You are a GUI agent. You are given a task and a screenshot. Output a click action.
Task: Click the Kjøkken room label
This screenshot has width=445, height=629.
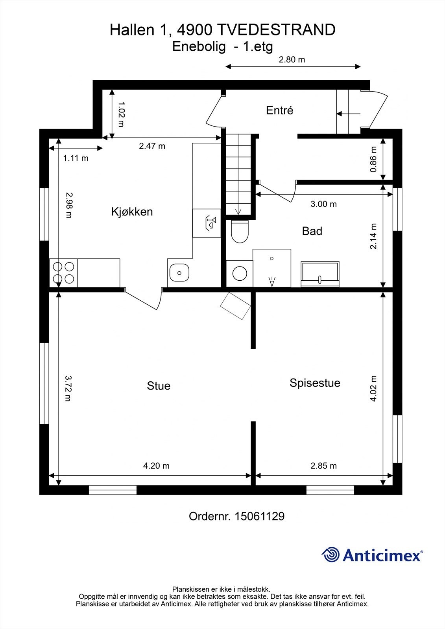pos(132,212)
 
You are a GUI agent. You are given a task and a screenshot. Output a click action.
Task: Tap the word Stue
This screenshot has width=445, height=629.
pos(159,386)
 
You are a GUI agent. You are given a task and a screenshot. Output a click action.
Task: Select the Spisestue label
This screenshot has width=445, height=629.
pos(315,383)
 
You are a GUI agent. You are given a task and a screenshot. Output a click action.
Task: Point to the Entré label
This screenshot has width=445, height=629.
pos(279,110)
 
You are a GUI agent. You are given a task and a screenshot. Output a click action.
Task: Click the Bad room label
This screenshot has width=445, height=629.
pos(312,231)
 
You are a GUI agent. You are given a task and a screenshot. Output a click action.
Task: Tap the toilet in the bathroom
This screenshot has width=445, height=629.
pos(240,232)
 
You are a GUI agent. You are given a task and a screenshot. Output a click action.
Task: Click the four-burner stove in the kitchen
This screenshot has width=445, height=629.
pos(63,273)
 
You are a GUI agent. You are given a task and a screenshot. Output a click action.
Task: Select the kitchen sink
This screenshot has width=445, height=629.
pos(179,273)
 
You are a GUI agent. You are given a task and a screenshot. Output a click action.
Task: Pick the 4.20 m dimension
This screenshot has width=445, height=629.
pos(156,466)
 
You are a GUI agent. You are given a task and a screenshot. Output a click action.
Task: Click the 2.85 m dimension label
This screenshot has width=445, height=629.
pos(323,466)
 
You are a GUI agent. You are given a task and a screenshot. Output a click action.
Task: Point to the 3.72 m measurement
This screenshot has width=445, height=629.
pos(68,388)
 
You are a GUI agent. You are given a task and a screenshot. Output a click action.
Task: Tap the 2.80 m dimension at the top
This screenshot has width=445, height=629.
pos(292,60)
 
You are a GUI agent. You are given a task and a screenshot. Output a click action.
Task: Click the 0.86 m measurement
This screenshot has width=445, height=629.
pos(373,159)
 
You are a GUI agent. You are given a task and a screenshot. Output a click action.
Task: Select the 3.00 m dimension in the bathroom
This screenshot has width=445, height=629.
pos(323,204)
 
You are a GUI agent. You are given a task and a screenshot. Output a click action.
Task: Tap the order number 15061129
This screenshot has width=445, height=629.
pos(259,516)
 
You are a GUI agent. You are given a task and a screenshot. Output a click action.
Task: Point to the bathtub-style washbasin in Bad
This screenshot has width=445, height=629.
pos(320,274)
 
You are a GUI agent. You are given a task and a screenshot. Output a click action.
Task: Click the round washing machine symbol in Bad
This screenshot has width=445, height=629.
pos(239,273)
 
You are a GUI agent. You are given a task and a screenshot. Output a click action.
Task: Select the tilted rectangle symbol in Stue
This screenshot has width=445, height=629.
pos(236,306)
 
